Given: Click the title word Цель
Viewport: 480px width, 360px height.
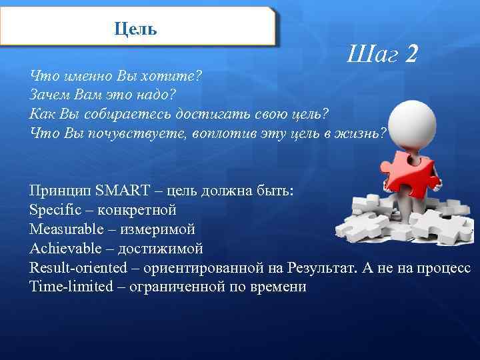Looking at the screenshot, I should [135, 29].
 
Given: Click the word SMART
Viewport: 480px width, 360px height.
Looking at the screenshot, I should [123, 191].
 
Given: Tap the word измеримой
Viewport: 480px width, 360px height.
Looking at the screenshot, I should [162, 230].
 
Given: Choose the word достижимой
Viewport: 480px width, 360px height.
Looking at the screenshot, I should [160, 249].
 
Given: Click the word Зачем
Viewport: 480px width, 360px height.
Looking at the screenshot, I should [47, 93].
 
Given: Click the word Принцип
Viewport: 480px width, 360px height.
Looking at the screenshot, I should [60, 191].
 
